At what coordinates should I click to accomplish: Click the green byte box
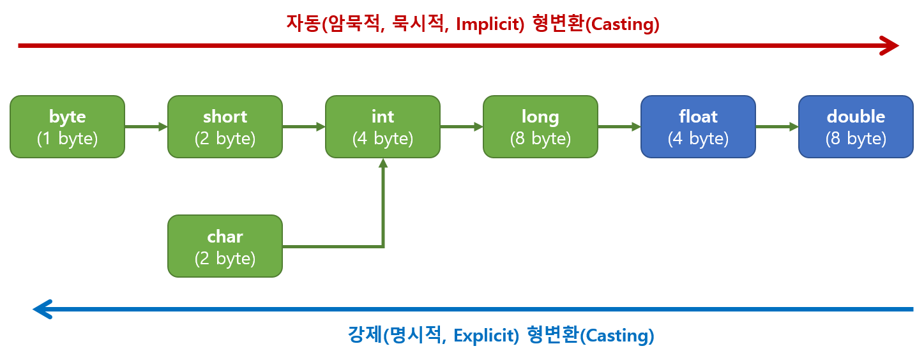point(67,126)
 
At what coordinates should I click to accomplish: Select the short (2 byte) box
point(225,126)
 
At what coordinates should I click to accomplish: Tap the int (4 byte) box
point(382,126)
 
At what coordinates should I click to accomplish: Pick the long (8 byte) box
point(540,126)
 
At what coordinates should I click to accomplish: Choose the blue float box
point(698,126)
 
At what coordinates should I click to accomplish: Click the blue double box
point(856,126)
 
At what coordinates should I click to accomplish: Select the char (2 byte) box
point(225,246)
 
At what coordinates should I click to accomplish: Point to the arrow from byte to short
point(146,126)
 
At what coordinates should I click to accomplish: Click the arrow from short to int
point(303,126)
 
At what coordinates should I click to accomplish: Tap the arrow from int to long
point(461,126)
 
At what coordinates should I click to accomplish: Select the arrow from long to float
point(619,126)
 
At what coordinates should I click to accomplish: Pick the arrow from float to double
point(776,126)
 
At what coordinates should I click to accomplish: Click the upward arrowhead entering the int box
point(382,163)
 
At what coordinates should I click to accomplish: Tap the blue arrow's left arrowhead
point(42,310)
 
